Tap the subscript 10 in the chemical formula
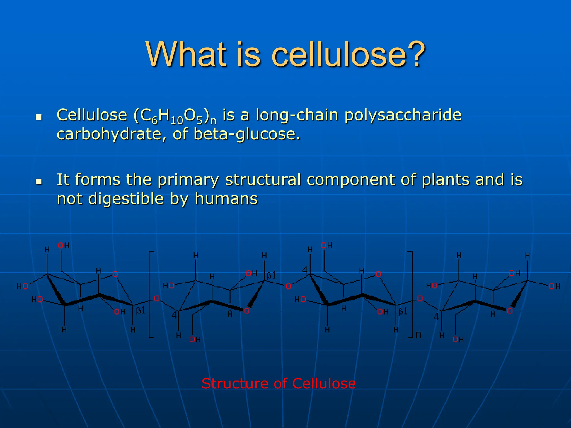tap(177, 121)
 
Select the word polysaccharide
tap(403, 115)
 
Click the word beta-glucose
tap(247, 134)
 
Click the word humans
tap(226, 199)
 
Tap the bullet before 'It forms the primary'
tap(39, 182)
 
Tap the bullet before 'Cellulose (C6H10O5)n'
tap(39, 117)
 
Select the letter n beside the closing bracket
tap(418, 335)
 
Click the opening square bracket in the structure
tap(151, 295)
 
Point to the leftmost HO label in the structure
tap(22, 286)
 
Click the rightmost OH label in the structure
tap(554, 286)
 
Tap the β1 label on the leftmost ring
tap(141, 311)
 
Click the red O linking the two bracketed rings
tap(288, 286)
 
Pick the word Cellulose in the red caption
tap(324, 383)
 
